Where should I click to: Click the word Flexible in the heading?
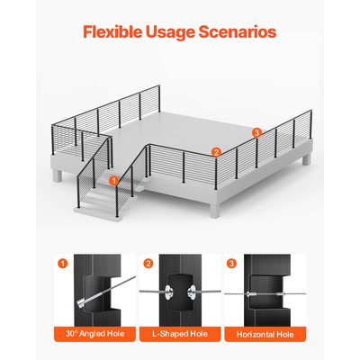pos(112,31)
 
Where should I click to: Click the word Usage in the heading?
pos(170,32)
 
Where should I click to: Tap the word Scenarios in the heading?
pos(238,31)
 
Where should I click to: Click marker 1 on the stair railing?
pos(113,181)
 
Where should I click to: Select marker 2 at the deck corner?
pos(216,152)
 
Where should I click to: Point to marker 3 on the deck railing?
pos(256,132)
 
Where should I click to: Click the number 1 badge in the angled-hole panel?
pos(63,264)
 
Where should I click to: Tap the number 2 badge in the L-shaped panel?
pos(148,264)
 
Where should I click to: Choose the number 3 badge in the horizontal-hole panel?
pos(231,264)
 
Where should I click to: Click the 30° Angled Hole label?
pos(94,334)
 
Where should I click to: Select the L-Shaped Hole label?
pos(180,334)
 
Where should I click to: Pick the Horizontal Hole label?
pos(265,334)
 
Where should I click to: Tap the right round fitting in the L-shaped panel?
pos(192,292)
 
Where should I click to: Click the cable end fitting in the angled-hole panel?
pos(83,302)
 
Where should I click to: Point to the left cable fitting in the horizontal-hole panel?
pos(251,294)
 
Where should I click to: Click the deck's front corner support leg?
pos(215,210)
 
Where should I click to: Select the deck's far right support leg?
pos(306,159)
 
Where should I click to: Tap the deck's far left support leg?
pos(58,175)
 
